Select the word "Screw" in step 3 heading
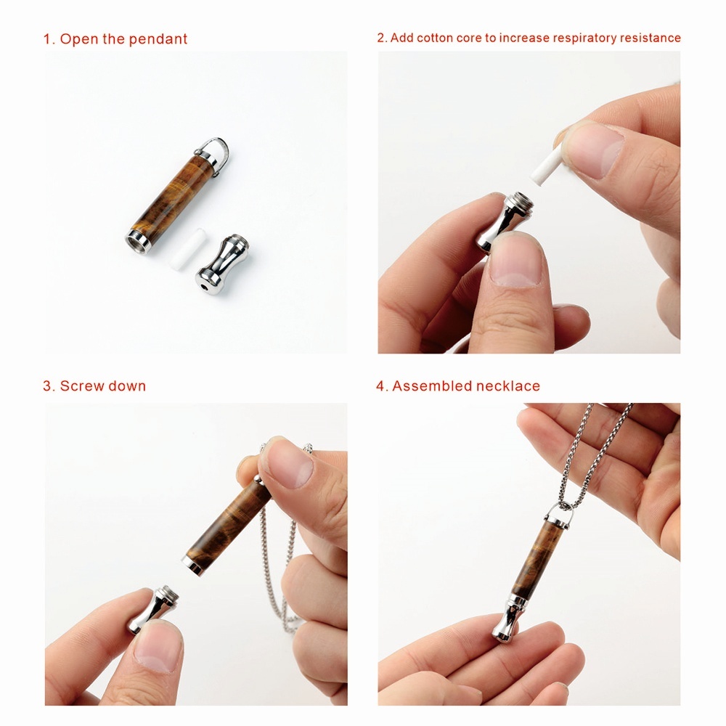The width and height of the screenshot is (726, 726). pos(83,386)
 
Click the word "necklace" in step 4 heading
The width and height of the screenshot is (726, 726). pos(507,386)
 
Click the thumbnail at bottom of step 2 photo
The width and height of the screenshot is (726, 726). pos(515,261)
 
